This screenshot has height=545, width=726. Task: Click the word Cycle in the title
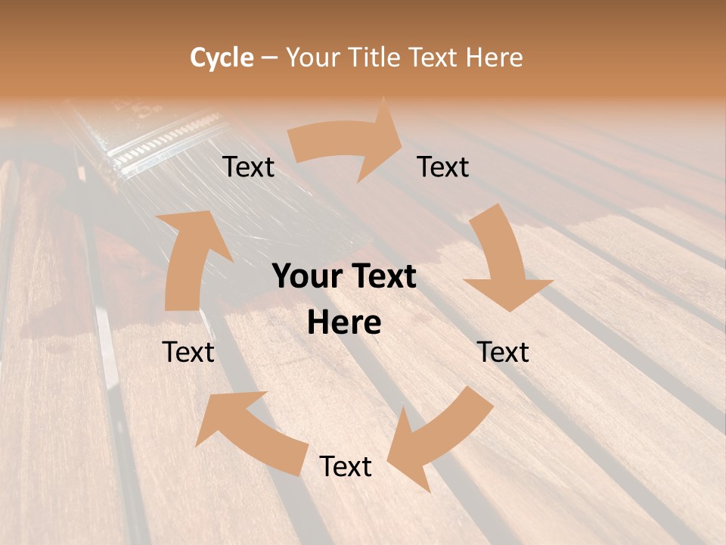(222, 58)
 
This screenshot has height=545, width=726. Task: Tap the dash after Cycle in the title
(269, 58)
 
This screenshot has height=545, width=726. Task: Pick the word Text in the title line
(436, 58)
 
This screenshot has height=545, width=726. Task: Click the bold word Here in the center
(344, 323)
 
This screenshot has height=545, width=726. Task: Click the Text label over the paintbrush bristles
(248, 167)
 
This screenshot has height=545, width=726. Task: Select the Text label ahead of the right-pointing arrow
(443, 167)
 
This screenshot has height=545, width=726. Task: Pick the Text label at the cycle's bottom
(346, 466)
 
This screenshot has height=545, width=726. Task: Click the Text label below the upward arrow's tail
(188, 352)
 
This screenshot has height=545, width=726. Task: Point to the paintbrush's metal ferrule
(163, 140)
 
